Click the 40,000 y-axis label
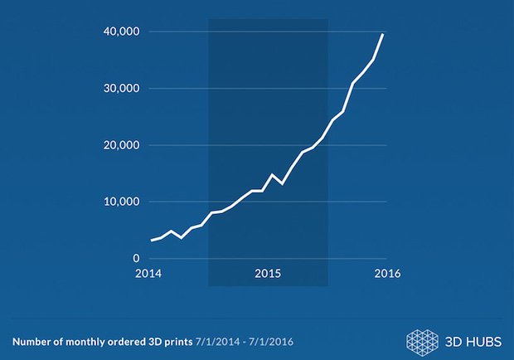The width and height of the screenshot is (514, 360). click(122, 32)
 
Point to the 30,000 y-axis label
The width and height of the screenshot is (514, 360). click(122, 88)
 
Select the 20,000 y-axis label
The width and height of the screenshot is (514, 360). click(122, 145)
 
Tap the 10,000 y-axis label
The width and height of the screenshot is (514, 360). click(122, 202)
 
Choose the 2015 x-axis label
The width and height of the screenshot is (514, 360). click(267, 274)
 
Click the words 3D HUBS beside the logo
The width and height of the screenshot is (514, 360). click(468, 341)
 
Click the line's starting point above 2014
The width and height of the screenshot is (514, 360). click(151, 241)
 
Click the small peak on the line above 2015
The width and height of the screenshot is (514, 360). click(272, 174)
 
